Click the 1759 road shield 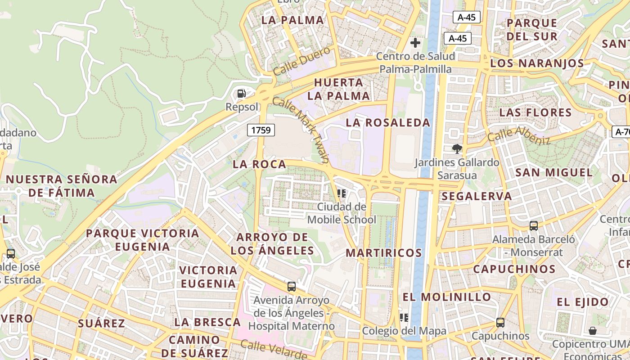[261, 130]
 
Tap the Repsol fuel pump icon [242, 94]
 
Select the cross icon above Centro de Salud [415, 43]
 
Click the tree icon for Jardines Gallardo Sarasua [457, 148]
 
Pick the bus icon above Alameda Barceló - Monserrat [534, 225]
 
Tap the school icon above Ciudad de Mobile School [342, 193]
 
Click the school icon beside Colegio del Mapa [404, 318]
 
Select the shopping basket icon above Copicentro [593, 331]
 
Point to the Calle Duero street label [301, 62]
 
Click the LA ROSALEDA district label [388, 122]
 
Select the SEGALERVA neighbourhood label [477, 196]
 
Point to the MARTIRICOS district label [384, 253]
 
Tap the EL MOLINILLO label [446, 297]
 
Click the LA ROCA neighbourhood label [259, 165]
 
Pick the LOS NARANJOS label [537, 63]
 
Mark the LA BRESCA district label [207, 322]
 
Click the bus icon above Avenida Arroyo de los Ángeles [292, 286]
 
